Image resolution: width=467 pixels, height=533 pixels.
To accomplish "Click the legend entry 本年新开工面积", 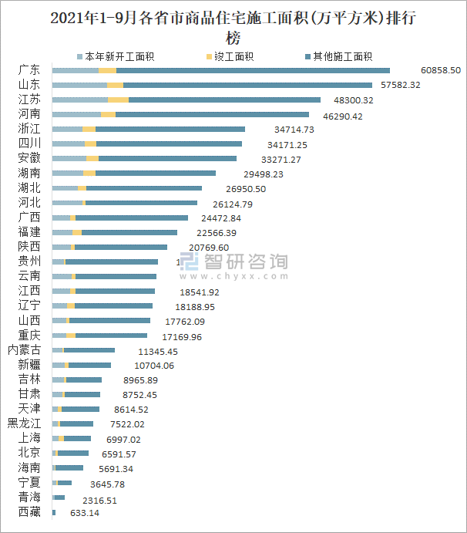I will tap(120, 56).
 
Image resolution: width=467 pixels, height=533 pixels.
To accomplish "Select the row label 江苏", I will tap(30, 100).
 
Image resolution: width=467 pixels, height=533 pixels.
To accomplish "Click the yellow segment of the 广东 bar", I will tap(107, 70).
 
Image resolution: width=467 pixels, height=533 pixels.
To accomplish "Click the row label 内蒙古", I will tap(25, 350).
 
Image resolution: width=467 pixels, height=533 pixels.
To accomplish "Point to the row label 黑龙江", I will tap(25, 423).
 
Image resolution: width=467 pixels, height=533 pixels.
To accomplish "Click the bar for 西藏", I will tap(54, 512).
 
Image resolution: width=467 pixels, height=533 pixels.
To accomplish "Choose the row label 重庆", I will tap(30, 336).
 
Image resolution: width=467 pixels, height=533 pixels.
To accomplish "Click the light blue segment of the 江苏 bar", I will tap(80, 100).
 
